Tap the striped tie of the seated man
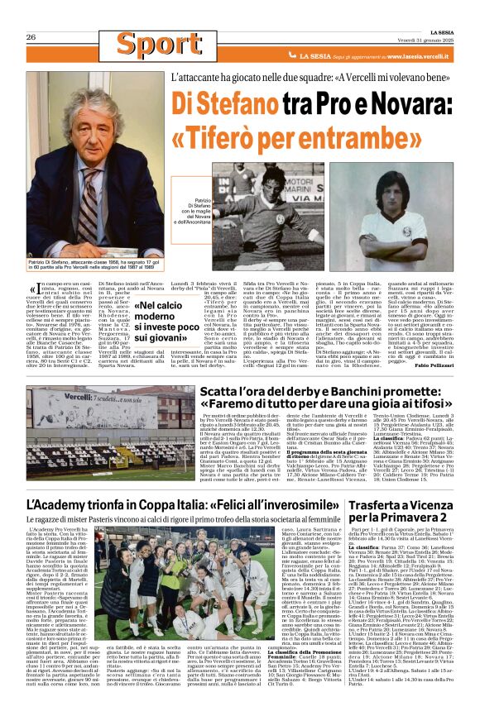coord(89,206)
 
